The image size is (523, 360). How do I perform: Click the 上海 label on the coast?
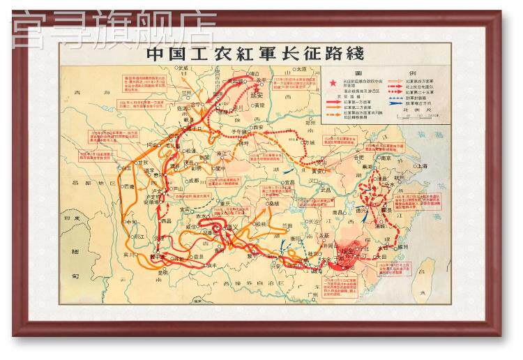(421, 167)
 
